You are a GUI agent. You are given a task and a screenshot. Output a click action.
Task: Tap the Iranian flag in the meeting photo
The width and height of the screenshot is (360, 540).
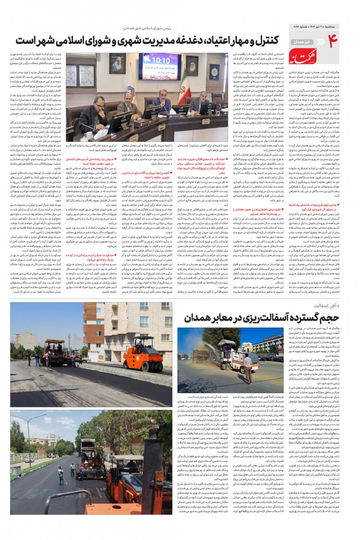coord(183,83)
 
